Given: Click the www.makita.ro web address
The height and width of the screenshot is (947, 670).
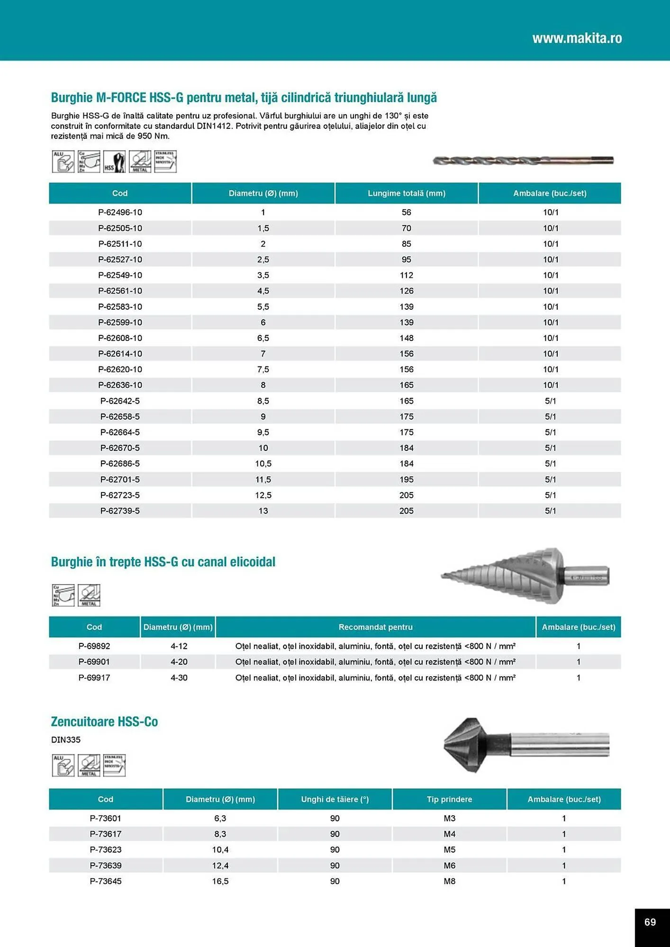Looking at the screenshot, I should [x=577, y=38].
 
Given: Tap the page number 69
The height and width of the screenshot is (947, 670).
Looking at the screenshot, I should [x=650, y=922].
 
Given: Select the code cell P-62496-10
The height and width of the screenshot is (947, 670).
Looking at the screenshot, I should [x=120, y=212].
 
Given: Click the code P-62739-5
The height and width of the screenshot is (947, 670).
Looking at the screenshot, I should [x=120, y=511].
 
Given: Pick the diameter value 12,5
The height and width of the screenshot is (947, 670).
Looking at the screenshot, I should [x=263, y=495].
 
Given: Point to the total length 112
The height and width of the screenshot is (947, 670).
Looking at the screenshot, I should [x=406, y=275].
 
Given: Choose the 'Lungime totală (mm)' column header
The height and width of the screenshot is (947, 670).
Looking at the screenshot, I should [x=406, y=193].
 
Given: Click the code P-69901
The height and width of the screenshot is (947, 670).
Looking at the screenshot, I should [x=94, y=661].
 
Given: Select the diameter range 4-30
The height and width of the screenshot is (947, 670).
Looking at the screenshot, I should [x=179, y=678].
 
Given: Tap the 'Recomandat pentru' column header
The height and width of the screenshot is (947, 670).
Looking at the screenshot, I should [x=375, y=627].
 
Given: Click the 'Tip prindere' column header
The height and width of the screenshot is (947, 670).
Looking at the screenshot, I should [x=449, y=799].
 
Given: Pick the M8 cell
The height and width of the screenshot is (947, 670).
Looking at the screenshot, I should [x=449, y=881].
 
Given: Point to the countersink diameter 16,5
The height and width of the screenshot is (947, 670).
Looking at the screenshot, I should [x=220, y=881].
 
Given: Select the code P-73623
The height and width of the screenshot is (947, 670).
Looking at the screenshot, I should [x=106, y=849].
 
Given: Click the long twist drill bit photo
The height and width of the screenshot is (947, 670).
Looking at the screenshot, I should [x=523, y=161].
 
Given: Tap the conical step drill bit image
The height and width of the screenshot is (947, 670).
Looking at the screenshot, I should [x=525, y=576].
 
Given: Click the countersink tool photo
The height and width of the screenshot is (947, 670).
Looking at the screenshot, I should [x=526, y=745].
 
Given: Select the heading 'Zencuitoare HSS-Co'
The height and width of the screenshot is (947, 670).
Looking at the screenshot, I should [x=104, y=722].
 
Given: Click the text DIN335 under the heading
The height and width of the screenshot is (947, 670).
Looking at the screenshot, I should [x=66, y=740].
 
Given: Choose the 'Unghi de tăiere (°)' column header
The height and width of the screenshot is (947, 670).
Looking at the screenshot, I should [x=335, y=799].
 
